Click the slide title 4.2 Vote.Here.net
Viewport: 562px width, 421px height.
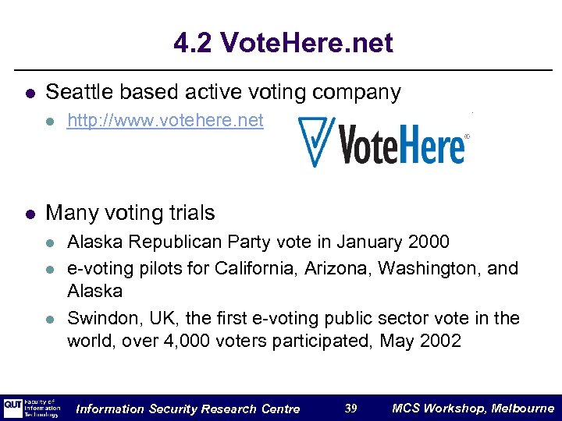[x=283, y=43]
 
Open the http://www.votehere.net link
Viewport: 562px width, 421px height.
[x=165, y=121]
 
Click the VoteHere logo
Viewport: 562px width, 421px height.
[x=382, y=141]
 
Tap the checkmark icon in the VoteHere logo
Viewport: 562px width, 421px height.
[x=316, y=140]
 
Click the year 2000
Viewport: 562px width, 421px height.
[x=428, y=242]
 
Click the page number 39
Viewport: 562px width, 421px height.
[x=351, y=409]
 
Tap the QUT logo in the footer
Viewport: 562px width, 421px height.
[x=13, y=408]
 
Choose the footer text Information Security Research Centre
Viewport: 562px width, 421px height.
[x=188, y=409]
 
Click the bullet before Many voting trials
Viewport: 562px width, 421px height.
[x=29, y=213]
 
